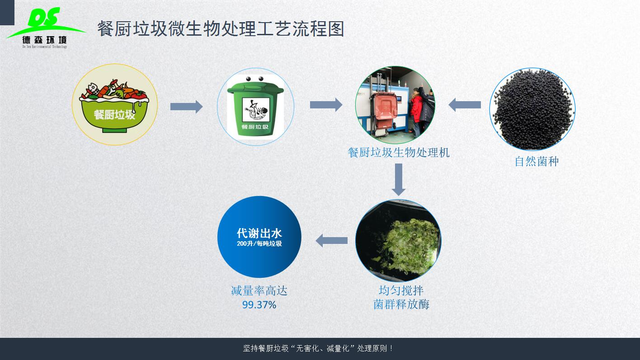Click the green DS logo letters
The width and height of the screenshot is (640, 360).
click(x=44, y=18)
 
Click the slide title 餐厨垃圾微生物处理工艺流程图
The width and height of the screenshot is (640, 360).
click(x=221, y=29)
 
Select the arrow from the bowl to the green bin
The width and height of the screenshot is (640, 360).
click(x=186, y=107)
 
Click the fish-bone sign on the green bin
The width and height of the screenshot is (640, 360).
click(x=256, y=110)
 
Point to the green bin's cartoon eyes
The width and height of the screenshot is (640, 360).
click(x=254, y=79)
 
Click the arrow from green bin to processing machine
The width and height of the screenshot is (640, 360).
click(x=326, y=105)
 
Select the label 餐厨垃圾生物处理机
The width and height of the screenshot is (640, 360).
click(x=399, y=153)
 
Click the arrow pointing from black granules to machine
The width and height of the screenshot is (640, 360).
click(x=465, y=105)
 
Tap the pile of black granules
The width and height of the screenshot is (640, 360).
click(x=532, y=109)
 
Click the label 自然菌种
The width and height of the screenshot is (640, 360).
click(x=536, y=161)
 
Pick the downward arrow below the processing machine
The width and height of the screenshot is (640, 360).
click(x=399, y=180)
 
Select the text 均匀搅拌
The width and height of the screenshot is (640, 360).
click(x=401, y=290)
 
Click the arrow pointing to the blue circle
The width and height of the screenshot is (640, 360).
click(x=332, y=241)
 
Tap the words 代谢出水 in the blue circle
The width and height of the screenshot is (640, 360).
click(x=259, y=233)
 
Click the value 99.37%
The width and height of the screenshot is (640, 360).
click(x=259, y=305)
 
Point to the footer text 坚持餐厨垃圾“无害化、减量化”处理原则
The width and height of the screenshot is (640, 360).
click(x=317, y=349)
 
